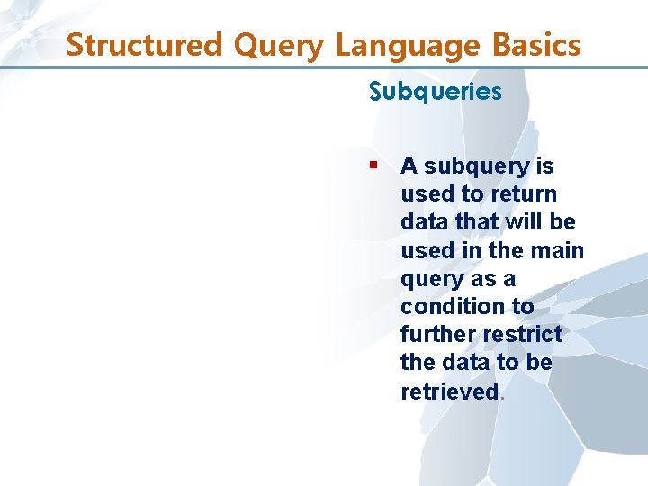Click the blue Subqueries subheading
tap(435, 92)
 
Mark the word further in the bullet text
tap(438, 334)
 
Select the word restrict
tap(522, 334)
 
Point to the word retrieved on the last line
tap(449, 391)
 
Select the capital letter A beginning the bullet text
tap(409, 166)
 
